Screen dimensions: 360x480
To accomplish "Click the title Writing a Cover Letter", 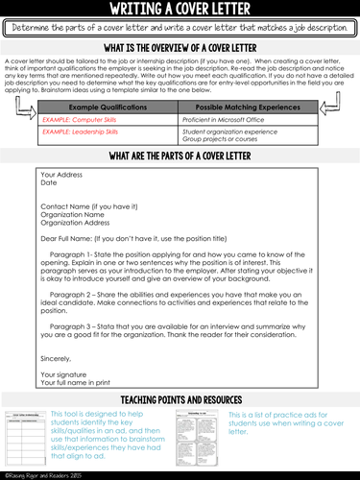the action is click(180, 9).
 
